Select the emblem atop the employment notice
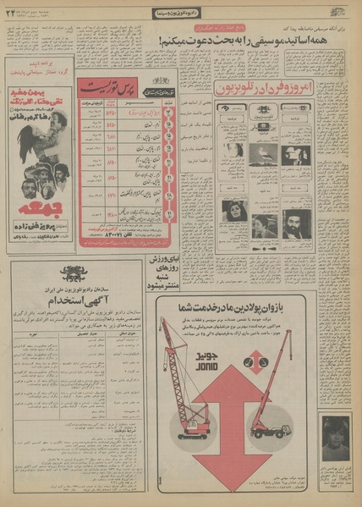tap(76, 273)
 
